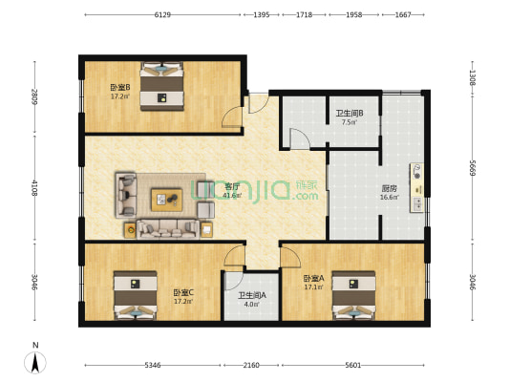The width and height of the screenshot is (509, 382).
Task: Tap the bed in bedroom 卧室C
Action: tap(134, 297)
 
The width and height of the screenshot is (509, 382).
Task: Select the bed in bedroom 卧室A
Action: tap(353, 297)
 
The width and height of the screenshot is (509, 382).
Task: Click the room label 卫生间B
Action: tap(348, 117)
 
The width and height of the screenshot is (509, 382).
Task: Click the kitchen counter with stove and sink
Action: tap(417, 187)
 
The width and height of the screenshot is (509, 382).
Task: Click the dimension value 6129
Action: tap(162, 15)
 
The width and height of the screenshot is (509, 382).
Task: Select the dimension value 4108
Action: tap(34, 187)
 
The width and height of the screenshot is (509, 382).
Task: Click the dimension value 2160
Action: tap(251, 365)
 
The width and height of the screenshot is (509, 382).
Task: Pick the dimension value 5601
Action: tap(353, 365)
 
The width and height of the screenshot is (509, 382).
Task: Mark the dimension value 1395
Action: tap(261, 15)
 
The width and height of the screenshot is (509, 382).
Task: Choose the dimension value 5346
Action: tap(153, 365)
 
